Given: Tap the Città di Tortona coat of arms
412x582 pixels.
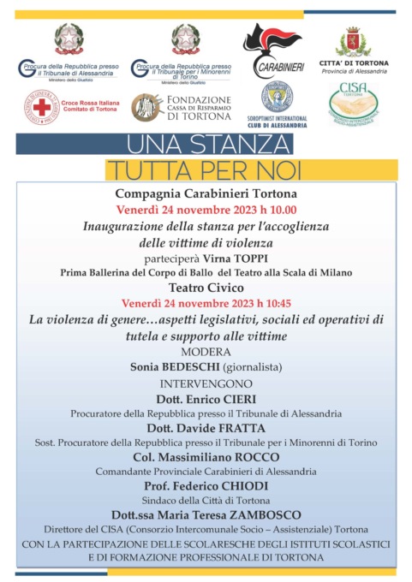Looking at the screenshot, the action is (353, 41).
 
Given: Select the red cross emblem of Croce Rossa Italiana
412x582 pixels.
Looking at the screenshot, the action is (41, 107).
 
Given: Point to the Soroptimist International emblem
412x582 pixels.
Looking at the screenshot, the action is (276, 97).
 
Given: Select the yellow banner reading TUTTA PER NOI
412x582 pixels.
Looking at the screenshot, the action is (205, 166).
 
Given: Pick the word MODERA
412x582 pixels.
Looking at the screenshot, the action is (206, 351).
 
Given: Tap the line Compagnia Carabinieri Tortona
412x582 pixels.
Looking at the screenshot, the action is (206, 193).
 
